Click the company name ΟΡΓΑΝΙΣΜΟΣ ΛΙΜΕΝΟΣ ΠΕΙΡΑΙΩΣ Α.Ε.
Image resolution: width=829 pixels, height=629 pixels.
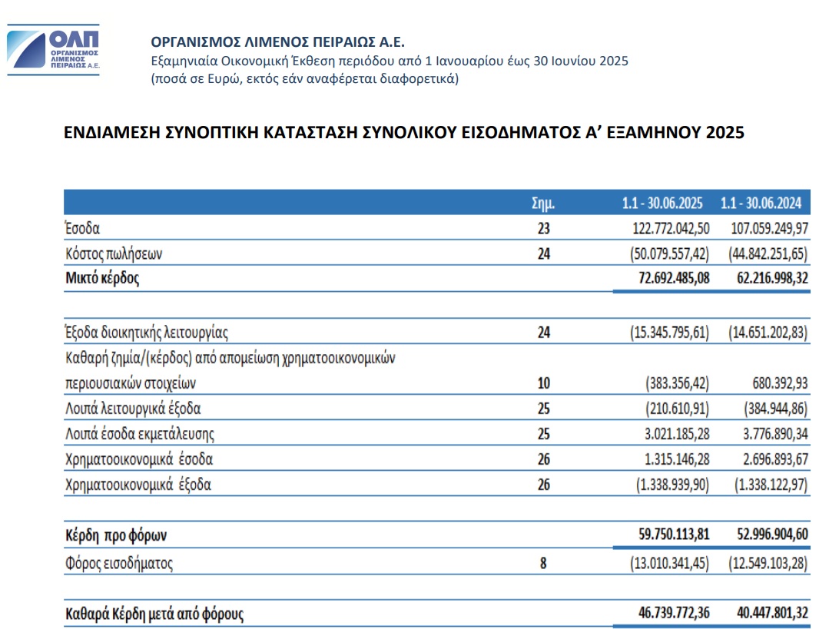(x=277, y=41)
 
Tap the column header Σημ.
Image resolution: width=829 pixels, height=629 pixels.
(x=543, y=204)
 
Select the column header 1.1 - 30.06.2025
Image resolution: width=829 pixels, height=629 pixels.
(x=662, y=204)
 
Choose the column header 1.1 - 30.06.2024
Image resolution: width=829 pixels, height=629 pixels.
(x=761, y=204)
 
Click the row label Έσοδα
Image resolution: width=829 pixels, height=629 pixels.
(x=83, y=228)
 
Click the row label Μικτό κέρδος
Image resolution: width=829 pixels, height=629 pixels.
(x=102, y=278)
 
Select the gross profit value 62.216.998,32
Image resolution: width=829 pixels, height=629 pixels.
(x=766, y=278)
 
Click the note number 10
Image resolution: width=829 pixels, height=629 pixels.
(x=543, y=382)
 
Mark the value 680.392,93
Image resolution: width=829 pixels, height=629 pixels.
(x=776, y=382)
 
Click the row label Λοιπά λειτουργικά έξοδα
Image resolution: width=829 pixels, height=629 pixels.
(x=133, y=409)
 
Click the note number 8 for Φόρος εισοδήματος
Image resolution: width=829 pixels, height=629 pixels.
(x=543, y=563)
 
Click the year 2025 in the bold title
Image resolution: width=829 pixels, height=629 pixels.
(x=725, y=133)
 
